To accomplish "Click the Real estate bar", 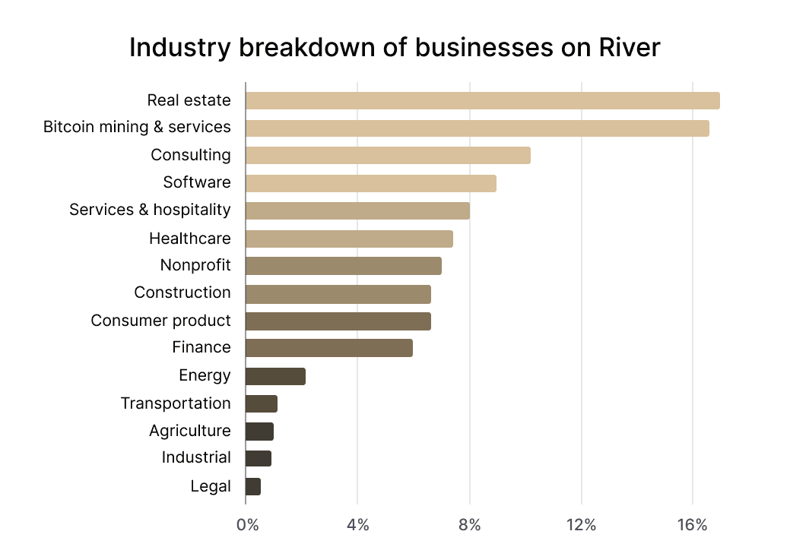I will coord(482,100).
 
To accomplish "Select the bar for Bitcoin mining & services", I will coord(477,128).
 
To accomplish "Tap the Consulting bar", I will coord(388,156).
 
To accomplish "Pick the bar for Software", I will coord(370,183).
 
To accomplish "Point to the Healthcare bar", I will coord(349,239).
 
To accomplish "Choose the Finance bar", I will coord(328,348).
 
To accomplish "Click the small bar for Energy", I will coord(275,376).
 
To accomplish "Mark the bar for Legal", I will coord(253,486).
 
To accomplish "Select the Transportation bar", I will coord(262,403).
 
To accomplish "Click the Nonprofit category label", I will coord(195,265).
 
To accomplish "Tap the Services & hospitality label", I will coord(150,210).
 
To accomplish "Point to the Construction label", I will coord(182,292).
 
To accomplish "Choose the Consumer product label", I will coord(160,321).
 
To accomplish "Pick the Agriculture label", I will coord(189,431).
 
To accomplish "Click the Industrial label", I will coord(196,457).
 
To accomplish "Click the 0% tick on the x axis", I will coord(247,525).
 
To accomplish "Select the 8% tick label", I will coord(470,525).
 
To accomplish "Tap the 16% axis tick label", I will coord(691,525).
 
